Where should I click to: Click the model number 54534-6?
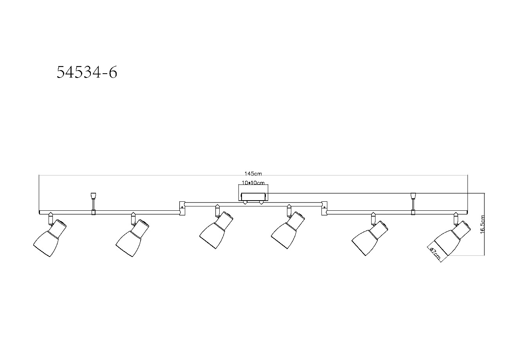click(x=87, y=72)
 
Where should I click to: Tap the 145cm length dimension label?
click(x=253, y=174)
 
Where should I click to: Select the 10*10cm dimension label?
click(x=253, y=183)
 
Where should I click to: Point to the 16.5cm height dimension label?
click(x=483, y=224)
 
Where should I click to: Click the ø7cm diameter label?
click(x=435, y=253)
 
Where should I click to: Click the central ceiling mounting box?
click(x=253, y=197)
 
